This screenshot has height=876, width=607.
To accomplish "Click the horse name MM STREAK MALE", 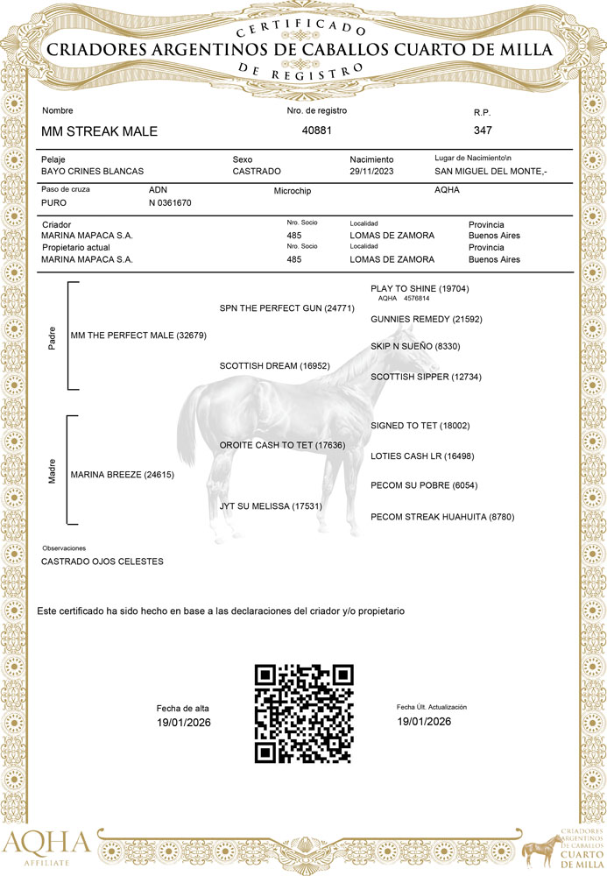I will click(99, 131).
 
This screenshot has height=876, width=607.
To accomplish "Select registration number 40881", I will click(316, 131).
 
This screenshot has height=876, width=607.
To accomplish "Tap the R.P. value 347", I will click(483, 131).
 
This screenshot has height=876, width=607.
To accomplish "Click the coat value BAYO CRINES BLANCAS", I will click(92, 172).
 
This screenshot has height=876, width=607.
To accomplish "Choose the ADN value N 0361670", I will click(170, 202).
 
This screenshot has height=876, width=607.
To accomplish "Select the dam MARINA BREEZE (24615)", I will click(123, 476).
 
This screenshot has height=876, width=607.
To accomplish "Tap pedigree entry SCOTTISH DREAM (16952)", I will click(273, 365).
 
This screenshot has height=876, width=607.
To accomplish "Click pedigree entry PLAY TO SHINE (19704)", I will click(420, 288).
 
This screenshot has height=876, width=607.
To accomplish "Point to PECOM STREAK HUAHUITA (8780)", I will click(442, 517).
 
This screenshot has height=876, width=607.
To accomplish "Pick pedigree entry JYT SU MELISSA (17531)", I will click(269, 506).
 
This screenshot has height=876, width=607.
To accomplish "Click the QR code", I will click(304, 713).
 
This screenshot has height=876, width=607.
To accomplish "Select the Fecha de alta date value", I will click(184, 723).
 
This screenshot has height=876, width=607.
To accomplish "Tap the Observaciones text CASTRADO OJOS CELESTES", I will click(102, 562).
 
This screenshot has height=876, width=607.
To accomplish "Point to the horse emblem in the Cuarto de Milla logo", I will click(538, 848).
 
